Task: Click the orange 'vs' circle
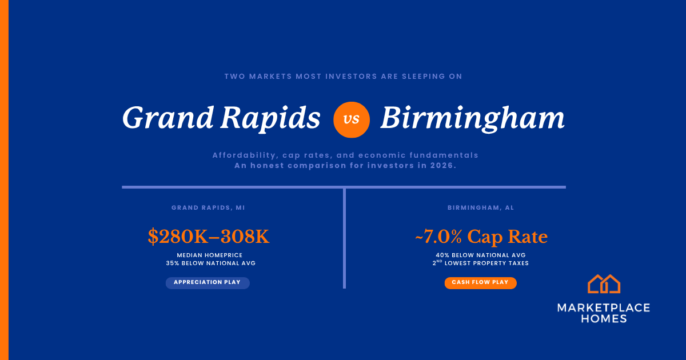click(x=351, y=119)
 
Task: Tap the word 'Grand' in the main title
click(x=168, y=118)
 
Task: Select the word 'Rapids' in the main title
click(x=270, y=119)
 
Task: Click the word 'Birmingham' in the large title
click(x=472, y=119)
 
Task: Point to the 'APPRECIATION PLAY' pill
click(x=208, y=283)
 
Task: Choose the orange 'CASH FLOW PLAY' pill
click(x=481, y=283)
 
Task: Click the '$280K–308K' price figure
click(x=209, y=237)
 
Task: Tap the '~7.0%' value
click(x=438, y=237)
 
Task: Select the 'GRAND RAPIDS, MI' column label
click(x=208, y=207)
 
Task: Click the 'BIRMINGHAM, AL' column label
click(x=481, y=207)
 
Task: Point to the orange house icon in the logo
click(x=604, y=284)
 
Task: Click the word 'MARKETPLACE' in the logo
click(x=604, y=307)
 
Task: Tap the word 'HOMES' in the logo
click(x=604, y=319)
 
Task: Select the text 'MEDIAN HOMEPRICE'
click(x=210, y=255)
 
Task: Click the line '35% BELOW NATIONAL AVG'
click(x=211, y=263)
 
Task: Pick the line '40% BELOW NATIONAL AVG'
click(x=481, y=255)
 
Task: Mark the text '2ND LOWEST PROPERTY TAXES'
click(x=481, y=263)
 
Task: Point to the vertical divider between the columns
click(x=345, y=238)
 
